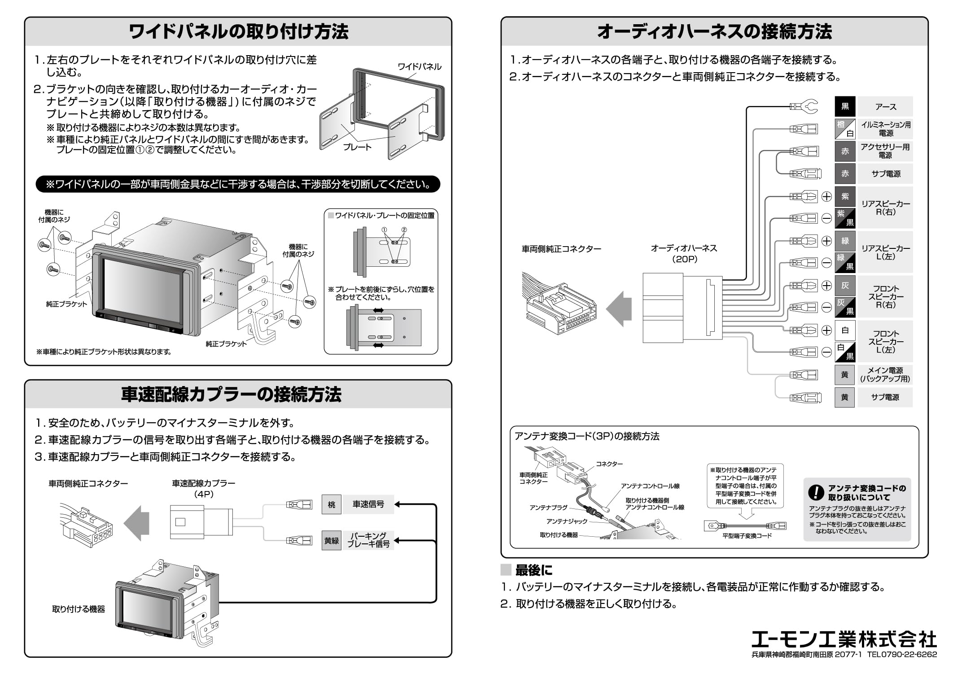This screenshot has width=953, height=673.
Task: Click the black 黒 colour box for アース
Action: point(844,107)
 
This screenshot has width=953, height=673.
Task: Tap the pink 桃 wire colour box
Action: point(331,504)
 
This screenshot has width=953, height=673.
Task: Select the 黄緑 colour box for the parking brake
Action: point(331,541)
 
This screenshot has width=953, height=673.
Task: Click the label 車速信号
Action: point(368,504)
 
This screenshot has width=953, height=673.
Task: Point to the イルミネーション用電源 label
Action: point(885,129)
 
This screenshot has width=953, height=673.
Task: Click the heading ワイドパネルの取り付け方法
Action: point(238,32)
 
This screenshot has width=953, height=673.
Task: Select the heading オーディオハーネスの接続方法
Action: point(714,32)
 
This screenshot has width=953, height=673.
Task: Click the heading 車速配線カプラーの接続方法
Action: point(231,395)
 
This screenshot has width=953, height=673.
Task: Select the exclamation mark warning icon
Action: point(816,493)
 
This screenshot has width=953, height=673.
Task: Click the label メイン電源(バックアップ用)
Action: point(885,375)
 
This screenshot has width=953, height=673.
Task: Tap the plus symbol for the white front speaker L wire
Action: point(826,330)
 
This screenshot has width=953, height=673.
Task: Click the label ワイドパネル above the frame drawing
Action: point(420,67)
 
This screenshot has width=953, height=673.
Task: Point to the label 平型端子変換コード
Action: point(747,536)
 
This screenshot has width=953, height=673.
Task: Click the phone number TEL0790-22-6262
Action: point(902,655)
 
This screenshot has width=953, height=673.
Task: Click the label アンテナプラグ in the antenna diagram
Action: point(548,508)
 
